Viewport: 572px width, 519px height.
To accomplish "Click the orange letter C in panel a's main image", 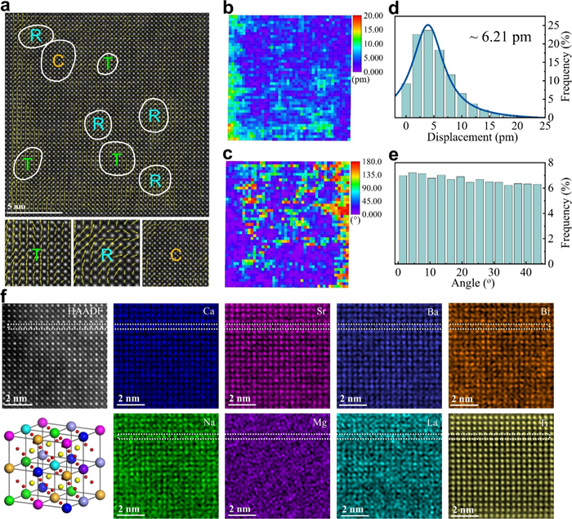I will [x=58, y=60].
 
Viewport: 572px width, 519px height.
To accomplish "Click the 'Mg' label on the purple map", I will [x=320, y=423].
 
